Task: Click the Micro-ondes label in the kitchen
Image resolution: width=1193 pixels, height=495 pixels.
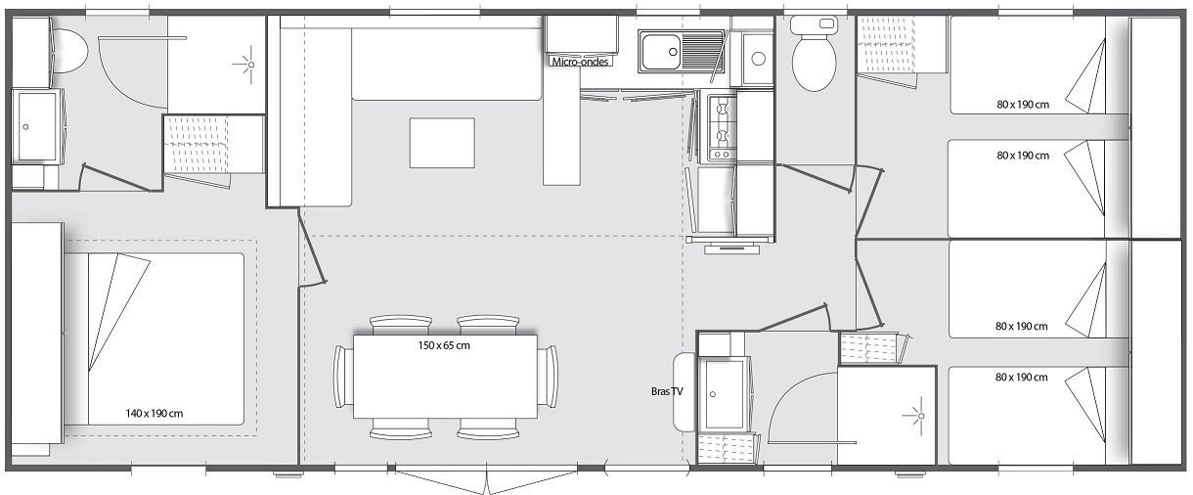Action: pos(581,62)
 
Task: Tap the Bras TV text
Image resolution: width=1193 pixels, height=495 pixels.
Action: pos(667,391)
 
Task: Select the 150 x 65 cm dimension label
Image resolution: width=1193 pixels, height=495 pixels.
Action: pos(444,344)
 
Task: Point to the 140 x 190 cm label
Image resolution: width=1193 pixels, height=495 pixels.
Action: pos(155,414)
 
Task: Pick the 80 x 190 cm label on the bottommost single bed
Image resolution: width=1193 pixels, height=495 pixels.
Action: pos(1023,378)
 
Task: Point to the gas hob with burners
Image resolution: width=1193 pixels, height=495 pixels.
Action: pos(721,127)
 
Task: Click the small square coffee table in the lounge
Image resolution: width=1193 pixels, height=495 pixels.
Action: pos(442,143)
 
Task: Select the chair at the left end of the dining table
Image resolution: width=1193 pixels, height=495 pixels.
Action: pos(342,377)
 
